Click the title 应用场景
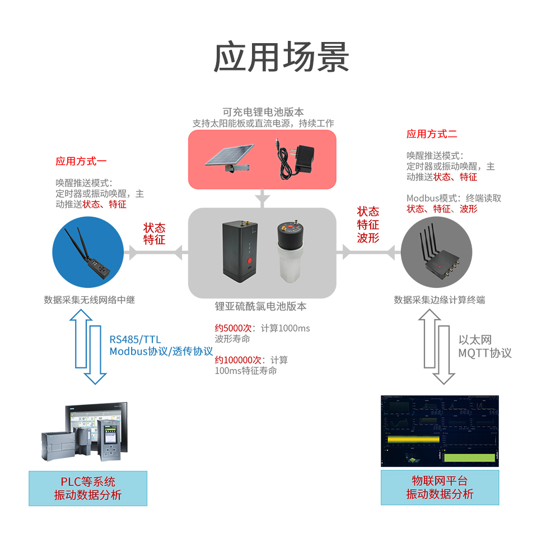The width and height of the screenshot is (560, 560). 282,57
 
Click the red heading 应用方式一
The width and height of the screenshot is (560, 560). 81,161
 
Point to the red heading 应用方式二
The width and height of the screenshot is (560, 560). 432,134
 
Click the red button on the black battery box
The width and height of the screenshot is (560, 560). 248,262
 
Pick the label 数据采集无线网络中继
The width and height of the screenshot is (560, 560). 90,300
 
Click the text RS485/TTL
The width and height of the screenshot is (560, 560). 135,339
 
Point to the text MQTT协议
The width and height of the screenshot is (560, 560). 484,353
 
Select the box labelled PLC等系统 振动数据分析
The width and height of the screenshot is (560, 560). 88,488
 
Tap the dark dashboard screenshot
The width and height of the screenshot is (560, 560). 440,431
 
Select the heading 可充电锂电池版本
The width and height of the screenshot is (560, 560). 263,112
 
